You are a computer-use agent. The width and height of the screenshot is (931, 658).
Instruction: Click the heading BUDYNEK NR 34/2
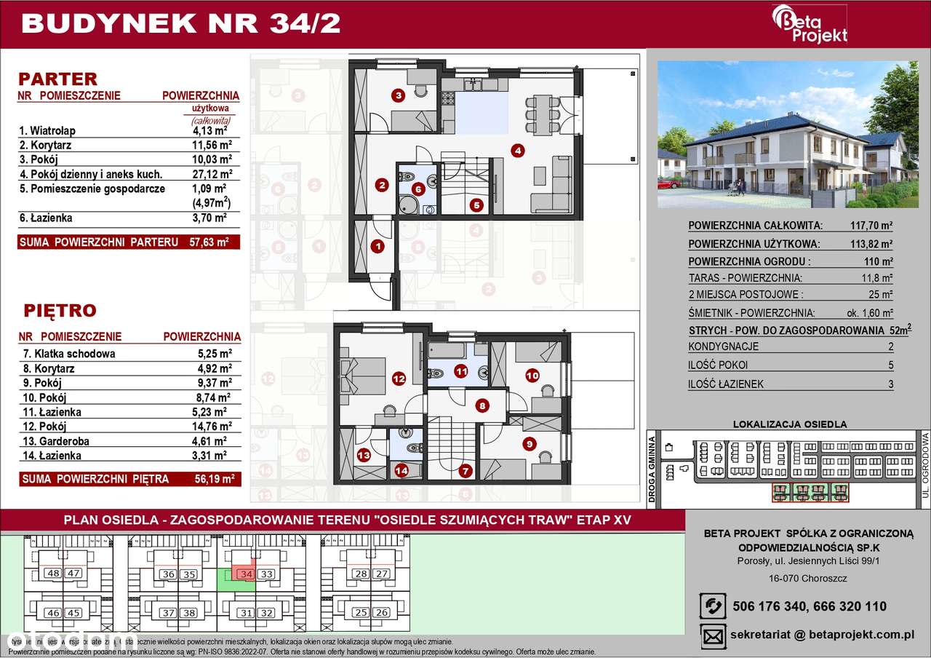[181, 23]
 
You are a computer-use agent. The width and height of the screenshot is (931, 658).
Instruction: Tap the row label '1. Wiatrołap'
[47, 130]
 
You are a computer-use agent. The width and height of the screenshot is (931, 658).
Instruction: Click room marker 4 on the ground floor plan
[517, 151]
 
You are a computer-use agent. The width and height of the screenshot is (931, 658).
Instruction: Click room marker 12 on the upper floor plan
[398, 378]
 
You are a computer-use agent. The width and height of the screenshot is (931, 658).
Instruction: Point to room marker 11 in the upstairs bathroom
[461, 371]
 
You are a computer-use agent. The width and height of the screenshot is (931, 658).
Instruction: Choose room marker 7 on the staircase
[465, 470]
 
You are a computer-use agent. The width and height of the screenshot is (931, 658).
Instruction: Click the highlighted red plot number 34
[247, 574]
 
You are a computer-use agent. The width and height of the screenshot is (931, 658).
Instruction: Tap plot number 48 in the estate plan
[53, 574]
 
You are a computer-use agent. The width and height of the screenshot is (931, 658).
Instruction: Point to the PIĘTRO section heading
[60, 311]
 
